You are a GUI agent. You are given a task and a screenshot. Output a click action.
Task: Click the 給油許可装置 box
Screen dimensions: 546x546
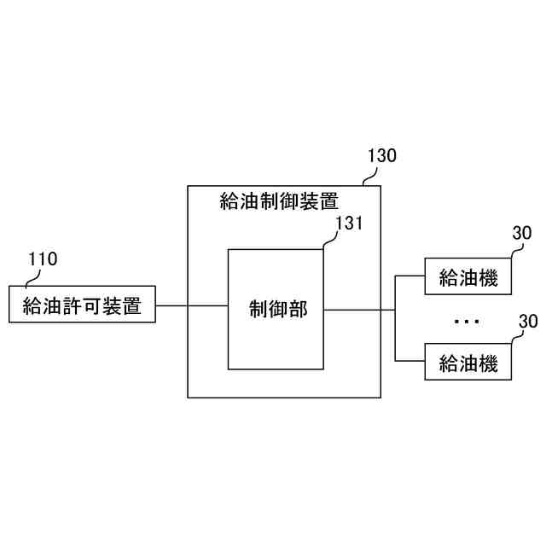[x=82, y=304]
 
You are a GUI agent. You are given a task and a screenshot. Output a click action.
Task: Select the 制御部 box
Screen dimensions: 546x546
[x=276, y=309]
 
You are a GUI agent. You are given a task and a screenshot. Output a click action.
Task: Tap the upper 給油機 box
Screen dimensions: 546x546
[x=468, y=277]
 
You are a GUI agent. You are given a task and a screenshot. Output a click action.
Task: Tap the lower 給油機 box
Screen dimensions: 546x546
[x=468, y=363]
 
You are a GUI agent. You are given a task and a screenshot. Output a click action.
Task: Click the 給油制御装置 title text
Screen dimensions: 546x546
[x=279, y=201]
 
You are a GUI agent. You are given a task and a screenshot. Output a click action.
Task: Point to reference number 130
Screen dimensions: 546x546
[x=381, y=156]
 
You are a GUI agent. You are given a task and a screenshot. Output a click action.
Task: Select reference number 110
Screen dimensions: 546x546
[x=43, y=259]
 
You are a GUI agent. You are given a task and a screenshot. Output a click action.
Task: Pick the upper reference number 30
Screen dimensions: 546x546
[x=521, y=234]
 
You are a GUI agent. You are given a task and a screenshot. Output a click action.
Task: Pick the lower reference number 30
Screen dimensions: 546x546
[x=529, y=322]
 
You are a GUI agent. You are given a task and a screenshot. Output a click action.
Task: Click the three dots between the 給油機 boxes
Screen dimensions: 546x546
[x=468, y=322]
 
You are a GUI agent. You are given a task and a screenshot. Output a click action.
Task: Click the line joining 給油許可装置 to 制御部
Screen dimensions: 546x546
[x=192, y=305]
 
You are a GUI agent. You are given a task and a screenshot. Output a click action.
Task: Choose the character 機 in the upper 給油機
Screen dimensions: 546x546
[x=487, y=277]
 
